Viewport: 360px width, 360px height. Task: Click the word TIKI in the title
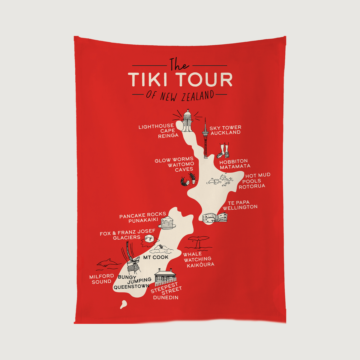pos(149,79)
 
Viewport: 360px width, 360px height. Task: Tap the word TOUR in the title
pos(204,79)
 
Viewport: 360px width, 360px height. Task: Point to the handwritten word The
pos(179,64)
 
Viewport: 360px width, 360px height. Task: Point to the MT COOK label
pos(156,257)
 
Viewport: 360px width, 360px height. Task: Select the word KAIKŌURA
pos(200,265)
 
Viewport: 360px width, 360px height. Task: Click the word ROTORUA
pos(252,186)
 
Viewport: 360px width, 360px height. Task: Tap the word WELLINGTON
pos(240,207)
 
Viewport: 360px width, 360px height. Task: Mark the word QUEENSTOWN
pos(131,286)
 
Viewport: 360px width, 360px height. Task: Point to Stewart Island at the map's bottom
pos(123,305)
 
